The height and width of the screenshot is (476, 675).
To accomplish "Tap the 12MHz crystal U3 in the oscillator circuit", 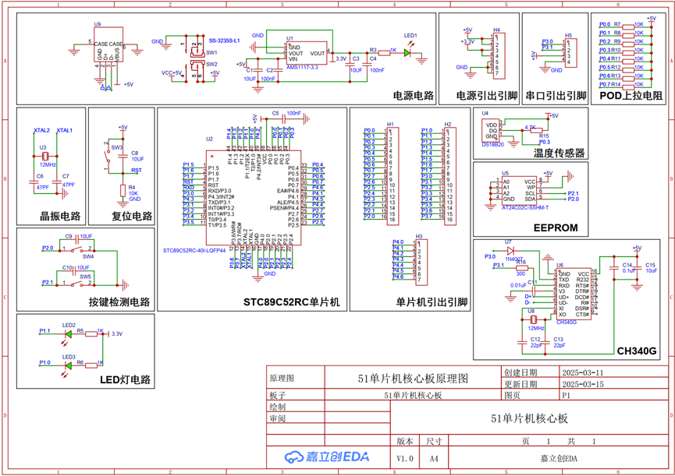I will (x=44, y=156).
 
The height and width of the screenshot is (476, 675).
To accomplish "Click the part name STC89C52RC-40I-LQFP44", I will (x=194, y=251).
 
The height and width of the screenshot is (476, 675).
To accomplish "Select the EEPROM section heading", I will (x=556, y=227).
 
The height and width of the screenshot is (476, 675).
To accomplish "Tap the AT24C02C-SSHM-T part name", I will (x=525, y=208).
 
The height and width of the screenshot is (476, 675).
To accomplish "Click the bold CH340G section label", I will (x=637, y=351).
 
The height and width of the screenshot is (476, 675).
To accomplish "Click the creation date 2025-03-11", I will (x=582, y=373).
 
